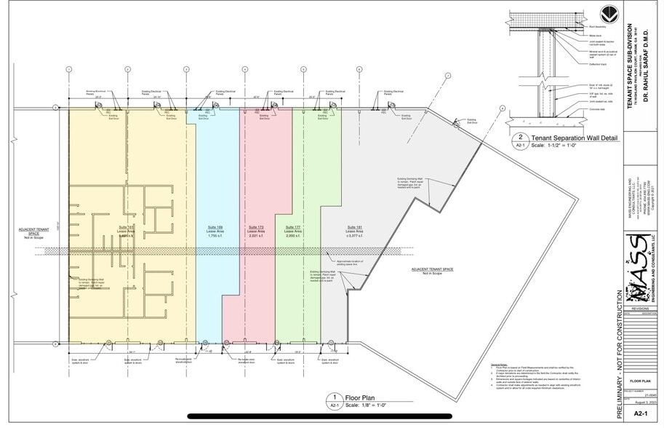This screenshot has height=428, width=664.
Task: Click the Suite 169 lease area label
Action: [x=215, y=227]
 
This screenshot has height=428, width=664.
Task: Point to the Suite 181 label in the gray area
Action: [x=354, y=227]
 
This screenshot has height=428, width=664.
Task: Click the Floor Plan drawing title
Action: [x=359, y=397]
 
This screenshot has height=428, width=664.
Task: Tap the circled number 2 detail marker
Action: [x=521, y=137]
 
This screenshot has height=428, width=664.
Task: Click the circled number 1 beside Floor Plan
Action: [x=335, y=397]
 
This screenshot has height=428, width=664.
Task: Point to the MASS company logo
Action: [x=637, y=269]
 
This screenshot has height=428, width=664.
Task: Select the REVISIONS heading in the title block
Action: [x=640, y=309]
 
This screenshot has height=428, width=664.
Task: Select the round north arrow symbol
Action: [x=609, y=15]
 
